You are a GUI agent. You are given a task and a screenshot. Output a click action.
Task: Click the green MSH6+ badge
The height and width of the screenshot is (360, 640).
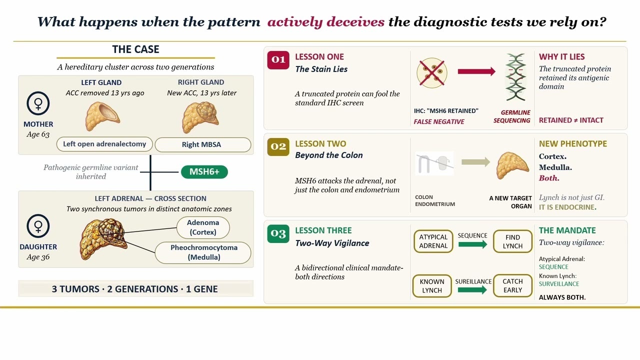pos(204,171)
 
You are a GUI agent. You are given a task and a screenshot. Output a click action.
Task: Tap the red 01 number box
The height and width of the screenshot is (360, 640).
pos(278,60)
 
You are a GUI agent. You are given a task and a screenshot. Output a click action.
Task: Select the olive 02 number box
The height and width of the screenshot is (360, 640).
pos(278,147)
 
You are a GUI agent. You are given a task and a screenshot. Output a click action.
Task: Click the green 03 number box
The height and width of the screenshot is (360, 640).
pos(278,233)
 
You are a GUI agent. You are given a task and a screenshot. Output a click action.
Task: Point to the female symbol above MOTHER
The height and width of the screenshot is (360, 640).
pos(38,103)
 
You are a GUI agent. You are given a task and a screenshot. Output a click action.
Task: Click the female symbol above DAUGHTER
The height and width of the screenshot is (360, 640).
pos(38,225)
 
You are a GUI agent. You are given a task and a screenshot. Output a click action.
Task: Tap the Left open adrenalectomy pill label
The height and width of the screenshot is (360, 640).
pos(104,144)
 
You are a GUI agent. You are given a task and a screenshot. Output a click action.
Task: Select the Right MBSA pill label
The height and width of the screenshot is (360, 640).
pos(203,144)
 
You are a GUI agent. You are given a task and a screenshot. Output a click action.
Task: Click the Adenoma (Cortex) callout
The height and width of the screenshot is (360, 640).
pos(203,227)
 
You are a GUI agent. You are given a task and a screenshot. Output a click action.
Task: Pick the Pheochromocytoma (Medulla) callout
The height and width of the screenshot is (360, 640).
pos(203,252)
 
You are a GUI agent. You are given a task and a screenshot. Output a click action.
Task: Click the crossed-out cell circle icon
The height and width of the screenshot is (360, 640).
pos(431,73)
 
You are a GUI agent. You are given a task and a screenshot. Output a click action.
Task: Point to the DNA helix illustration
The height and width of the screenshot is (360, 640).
pos(515,77)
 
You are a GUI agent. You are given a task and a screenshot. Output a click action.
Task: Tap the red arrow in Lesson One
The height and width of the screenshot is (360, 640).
pos(476,71)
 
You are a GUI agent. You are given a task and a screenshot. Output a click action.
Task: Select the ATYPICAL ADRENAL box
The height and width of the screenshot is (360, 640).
pos(433,241)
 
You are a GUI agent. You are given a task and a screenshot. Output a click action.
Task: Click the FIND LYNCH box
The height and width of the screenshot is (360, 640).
pos(512,241)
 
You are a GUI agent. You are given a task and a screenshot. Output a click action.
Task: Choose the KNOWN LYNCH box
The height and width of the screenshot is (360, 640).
pos(432,285)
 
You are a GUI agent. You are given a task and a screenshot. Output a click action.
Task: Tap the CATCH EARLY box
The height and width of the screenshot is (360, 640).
pos(512,285)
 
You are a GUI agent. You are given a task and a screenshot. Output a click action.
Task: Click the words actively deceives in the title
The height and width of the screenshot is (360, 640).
pos(325,21)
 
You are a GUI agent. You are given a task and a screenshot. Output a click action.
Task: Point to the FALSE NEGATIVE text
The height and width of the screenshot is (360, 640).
pos(439,121)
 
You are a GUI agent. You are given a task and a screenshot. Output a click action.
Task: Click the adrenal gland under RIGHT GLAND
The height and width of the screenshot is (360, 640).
pos(200,117)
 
